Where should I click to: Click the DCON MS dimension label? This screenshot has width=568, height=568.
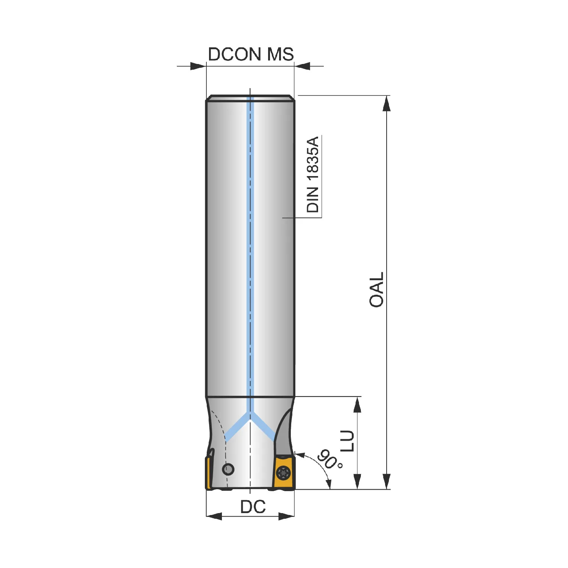pos(251,54)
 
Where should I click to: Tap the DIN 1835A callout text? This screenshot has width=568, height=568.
pos(313,175)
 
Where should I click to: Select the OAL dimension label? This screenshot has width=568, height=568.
pos(377,290)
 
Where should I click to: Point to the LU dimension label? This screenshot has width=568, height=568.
pos(347,441)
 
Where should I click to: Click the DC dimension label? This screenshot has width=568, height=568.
pos(253,507)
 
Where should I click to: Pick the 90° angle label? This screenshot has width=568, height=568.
pos(329,459)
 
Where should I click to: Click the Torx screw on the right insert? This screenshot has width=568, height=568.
pos(284,473)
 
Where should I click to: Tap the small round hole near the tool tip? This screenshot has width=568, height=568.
pos(228,469)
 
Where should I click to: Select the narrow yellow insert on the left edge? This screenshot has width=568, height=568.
pos(208,473)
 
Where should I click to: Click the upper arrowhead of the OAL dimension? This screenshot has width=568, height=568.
pos(387,103)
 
